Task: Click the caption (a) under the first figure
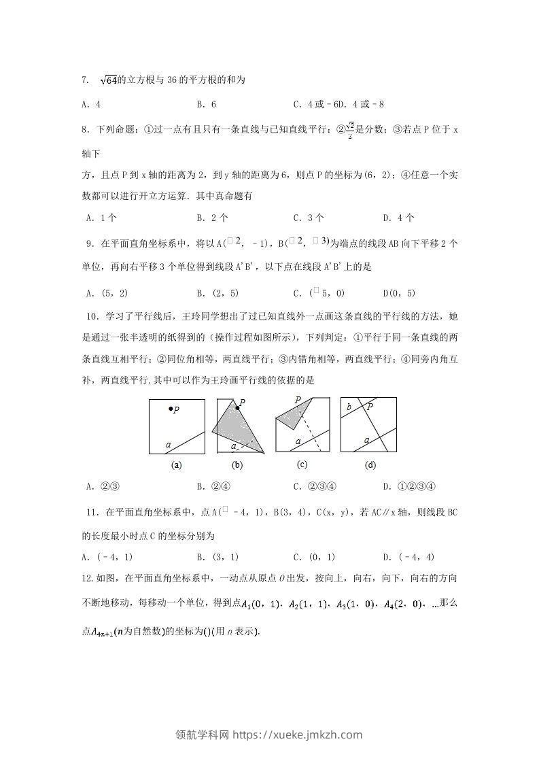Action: tap(177, 466)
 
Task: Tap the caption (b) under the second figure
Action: tap(237, 466)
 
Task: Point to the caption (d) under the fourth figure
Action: tap(370, 466)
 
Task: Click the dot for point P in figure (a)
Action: tap(171, 409)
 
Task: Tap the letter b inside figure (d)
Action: tap(349, 407)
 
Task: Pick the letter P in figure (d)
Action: tap(370, 407)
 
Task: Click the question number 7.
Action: tap(85, 80)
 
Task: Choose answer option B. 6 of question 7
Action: tap(206, 105)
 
